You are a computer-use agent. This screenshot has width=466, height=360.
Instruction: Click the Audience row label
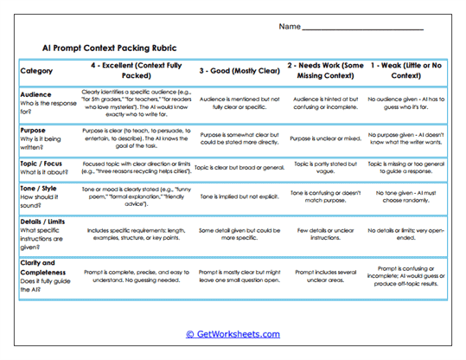pyautogui.click(x=35, y=94)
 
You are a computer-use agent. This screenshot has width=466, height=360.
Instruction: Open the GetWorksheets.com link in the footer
pyautogui.click(x=233, y=333)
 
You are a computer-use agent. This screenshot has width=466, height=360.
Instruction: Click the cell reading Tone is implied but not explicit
pyautogui.click(x=239, y=196)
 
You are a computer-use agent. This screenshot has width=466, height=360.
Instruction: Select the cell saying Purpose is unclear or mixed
pyautogui.click(x=325, y=138)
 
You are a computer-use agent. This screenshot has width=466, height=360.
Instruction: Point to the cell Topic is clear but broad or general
pyautogui.click(x=239, y=168)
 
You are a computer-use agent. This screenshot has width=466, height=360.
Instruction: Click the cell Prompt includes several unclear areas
pyautogui.click(x=325, y=277)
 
